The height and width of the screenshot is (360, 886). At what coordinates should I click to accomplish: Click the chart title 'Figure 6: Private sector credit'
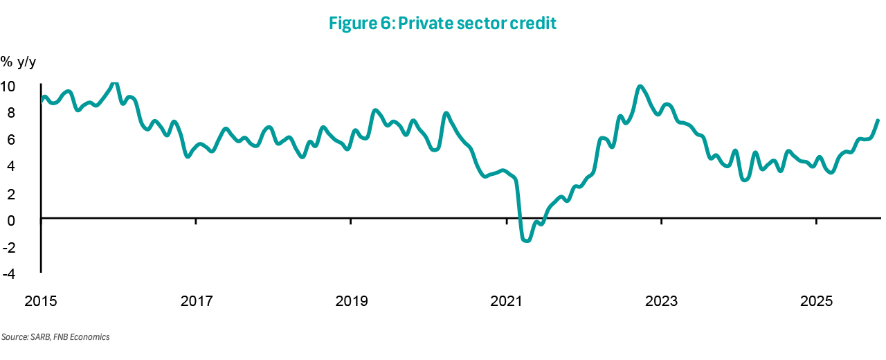(443, 24)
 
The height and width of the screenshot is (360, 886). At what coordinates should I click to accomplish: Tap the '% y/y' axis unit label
(18, 62)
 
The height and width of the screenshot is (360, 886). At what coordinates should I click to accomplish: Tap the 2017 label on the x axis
(196, 302)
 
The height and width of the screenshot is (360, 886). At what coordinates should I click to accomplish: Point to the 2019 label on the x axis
(351, 302)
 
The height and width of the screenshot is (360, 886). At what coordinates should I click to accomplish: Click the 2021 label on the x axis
(506, 302)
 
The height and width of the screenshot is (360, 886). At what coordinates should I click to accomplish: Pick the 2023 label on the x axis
(661, 302)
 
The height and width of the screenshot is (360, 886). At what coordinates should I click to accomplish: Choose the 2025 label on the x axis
(816, 302)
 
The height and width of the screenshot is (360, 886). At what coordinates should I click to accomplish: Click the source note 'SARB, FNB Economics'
(55, 337)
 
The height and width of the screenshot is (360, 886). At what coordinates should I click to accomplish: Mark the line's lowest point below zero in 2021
(527, 240)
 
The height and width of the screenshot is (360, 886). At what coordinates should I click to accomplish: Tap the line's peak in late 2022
(640, 87)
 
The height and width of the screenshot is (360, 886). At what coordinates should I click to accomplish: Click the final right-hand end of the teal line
(878, 120)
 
